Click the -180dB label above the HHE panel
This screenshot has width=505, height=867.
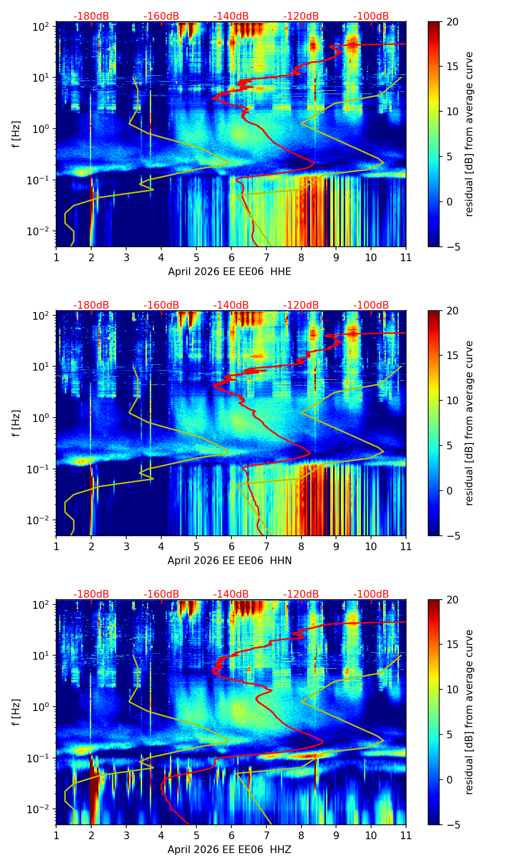click(91, 16)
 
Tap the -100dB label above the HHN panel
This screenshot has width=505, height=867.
click(371, 305)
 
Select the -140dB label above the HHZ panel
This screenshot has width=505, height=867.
click(231, 594)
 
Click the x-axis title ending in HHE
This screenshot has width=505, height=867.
click(229, 272)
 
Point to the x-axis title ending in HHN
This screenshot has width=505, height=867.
click(229, 561)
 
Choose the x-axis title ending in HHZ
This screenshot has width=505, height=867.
click(229, 850)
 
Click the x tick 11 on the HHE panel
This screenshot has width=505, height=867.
click(406, 257)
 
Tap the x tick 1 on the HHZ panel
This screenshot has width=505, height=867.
click(56, 835)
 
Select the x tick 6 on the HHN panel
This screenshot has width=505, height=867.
click(231, 546)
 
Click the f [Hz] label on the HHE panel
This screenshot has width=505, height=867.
click(16, 134)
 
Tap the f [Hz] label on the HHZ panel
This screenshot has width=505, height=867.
click(16, 712)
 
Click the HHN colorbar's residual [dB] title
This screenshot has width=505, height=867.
click(469, 423)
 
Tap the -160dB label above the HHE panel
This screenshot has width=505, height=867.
click(161, 16)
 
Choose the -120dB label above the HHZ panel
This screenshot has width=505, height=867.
click(301, 594)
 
